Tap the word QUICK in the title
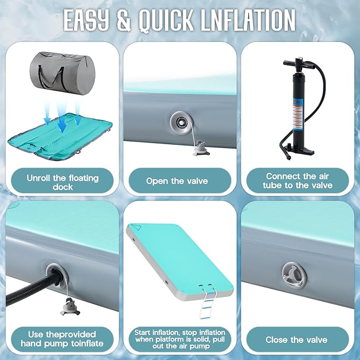pos(166,20)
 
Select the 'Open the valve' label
pos(177,181)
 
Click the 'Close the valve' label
pos(296,340)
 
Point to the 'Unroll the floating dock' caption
pos(63,182)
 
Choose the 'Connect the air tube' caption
pos(297,181)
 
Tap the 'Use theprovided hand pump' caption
pos(62,339)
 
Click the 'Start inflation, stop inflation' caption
pos(180,339)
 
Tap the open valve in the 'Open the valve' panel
pos(181,123)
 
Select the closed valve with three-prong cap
pos(294,275)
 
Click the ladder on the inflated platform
pos(207,303)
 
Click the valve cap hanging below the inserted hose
pos(69,307)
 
